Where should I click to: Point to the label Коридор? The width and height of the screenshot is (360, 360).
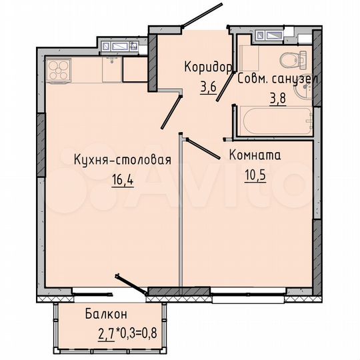[x=208, y=67]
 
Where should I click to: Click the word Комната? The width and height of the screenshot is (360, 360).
[x=254, y=155]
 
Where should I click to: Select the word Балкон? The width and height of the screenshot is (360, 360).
[x=106, y=314]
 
